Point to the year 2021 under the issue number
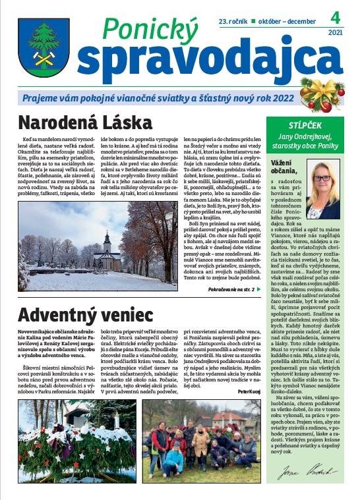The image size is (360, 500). (335, 32)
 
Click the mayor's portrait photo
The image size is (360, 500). (323, 190)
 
